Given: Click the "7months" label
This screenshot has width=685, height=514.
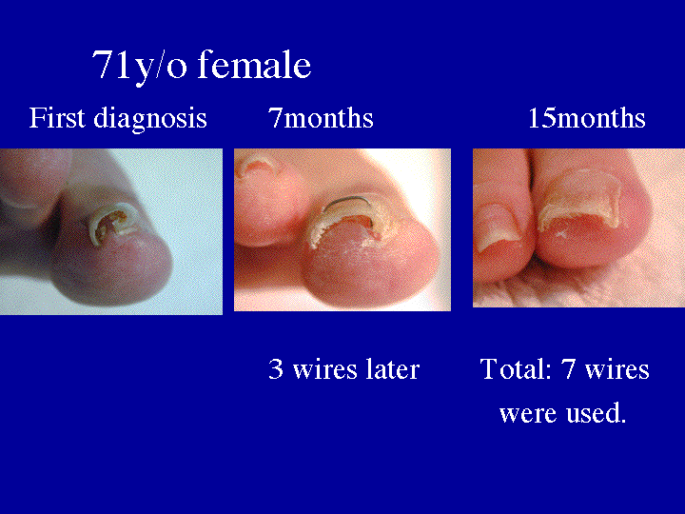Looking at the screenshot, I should point(321,119).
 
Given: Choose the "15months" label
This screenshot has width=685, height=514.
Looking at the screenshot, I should point(586,119).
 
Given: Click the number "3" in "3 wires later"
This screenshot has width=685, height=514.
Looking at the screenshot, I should point(276,369).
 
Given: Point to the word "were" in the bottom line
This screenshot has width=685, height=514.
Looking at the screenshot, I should point(523,415).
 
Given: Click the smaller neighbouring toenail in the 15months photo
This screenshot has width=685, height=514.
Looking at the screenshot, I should point(495,226).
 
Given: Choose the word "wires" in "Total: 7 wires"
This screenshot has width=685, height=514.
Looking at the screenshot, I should point(618,369).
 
